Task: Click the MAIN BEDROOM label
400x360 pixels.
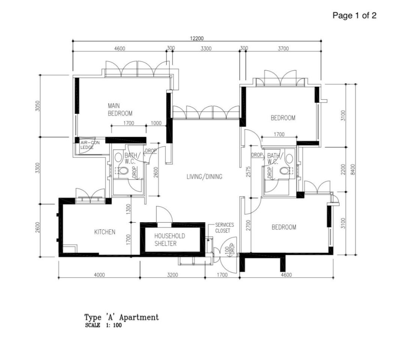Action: click(x=120, y=110)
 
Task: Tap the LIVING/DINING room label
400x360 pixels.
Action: click(x=204, y=176)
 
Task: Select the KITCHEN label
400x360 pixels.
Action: click(x=105, y=232)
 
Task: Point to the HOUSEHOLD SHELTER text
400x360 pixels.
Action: click(x=170, y=240)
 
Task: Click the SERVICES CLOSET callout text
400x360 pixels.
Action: click(x=225, y=228)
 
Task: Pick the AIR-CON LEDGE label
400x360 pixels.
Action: click(x=90, y=145)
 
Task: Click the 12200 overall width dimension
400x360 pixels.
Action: click(x=197, y=38)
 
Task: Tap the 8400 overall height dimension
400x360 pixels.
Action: click(x=353, y=170)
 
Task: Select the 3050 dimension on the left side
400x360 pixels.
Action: click(x=37, y=106)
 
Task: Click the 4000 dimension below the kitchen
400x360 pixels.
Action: click(x=99, y=275)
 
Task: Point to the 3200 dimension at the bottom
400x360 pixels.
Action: click(x=172, y=275)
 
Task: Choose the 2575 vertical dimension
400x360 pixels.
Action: click(x=249, y=172)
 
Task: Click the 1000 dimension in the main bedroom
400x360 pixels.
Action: click(x=156, y=123)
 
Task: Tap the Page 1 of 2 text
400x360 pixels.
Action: click(x=354, y=16)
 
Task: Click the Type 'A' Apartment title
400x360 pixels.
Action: click(x=121, y=317)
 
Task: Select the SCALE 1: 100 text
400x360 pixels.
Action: click(x=103, y=325)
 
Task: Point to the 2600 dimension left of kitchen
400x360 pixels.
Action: click(x=37, y=227)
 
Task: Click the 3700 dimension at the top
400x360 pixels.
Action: click(x=283, y=48)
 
